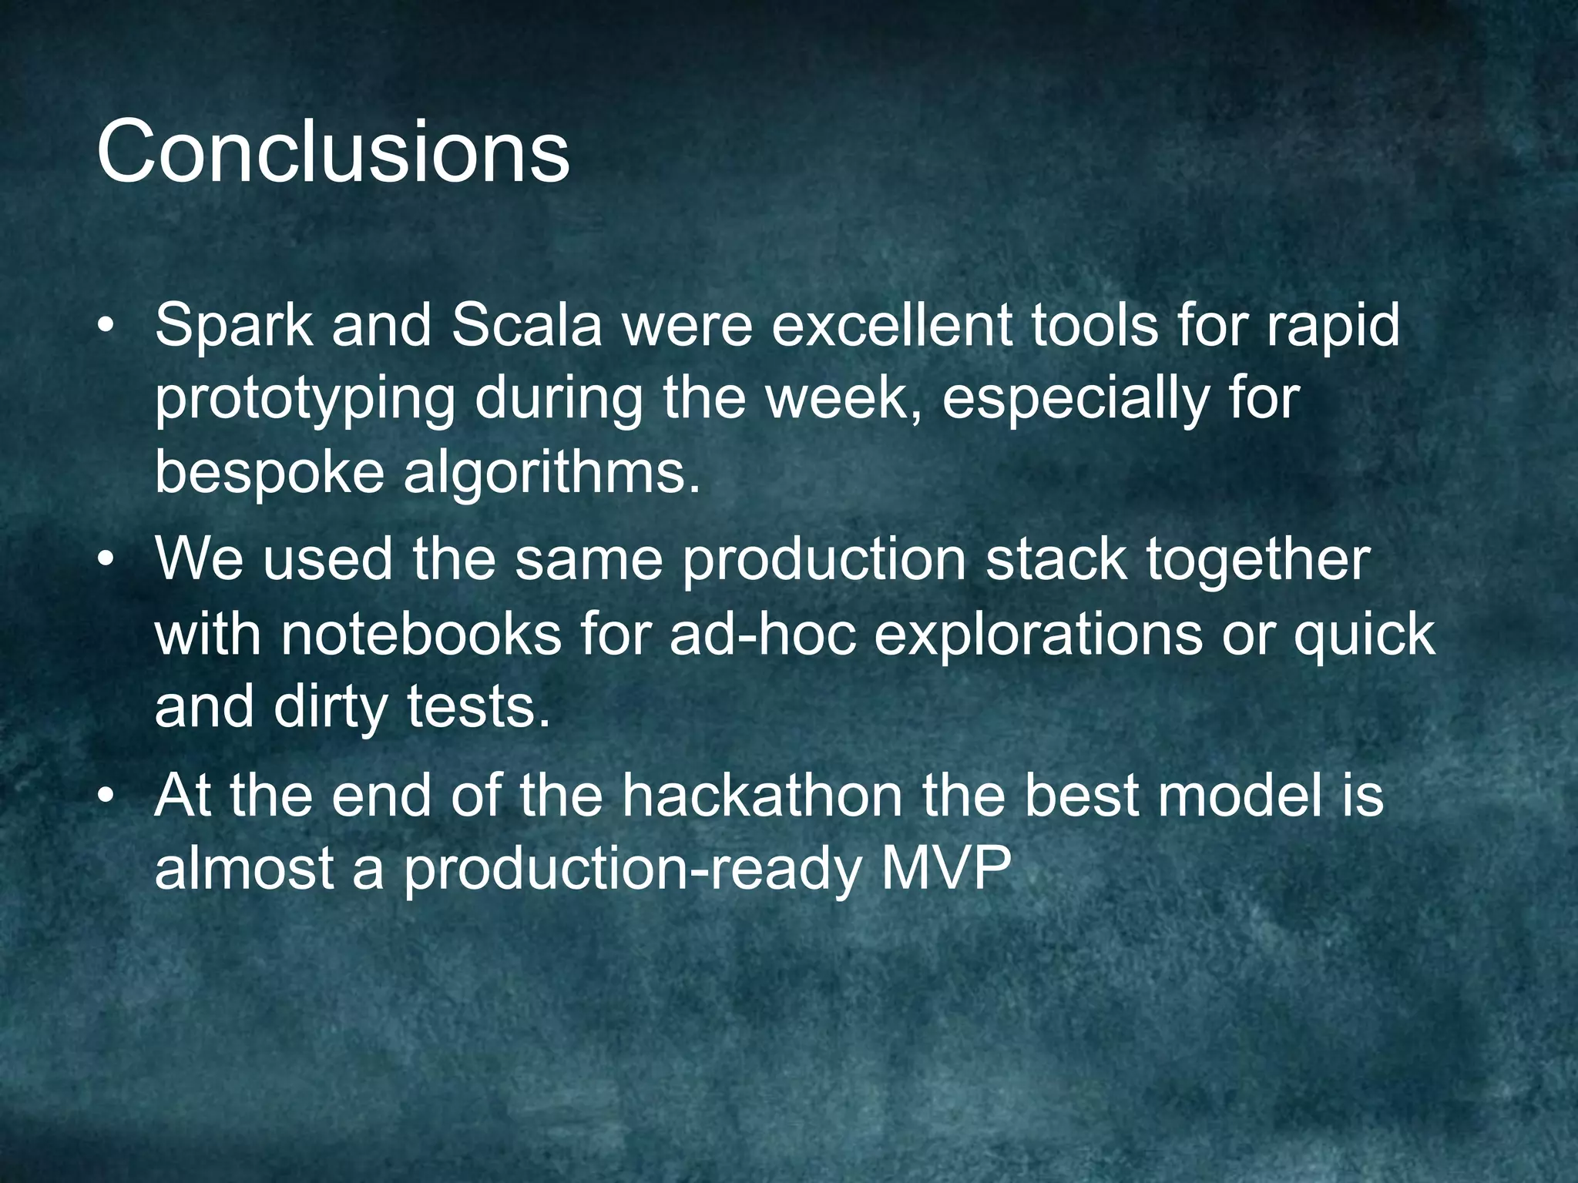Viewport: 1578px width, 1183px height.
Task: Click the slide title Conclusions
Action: pyautogui.click(x=333, y=152)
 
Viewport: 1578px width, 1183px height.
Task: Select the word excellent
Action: pyautogui.click(x=891, y=325)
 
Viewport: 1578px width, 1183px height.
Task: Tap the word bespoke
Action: pyautogui.click(x=269, y=473)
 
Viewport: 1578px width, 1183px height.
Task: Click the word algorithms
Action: pyautogui.click(x=552, y=473)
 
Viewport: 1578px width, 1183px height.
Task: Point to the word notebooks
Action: pyautogui.click(x=421, y=635)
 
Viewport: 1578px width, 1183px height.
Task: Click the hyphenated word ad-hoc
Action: pyautogui.click(x=763, y=635)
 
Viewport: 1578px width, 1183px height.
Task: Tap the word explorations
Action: pyautogui.click(x=1038, y=636)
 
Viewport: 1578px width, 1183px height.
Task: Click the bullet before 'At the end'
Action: pyautogui.click(x=107, y=798)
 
